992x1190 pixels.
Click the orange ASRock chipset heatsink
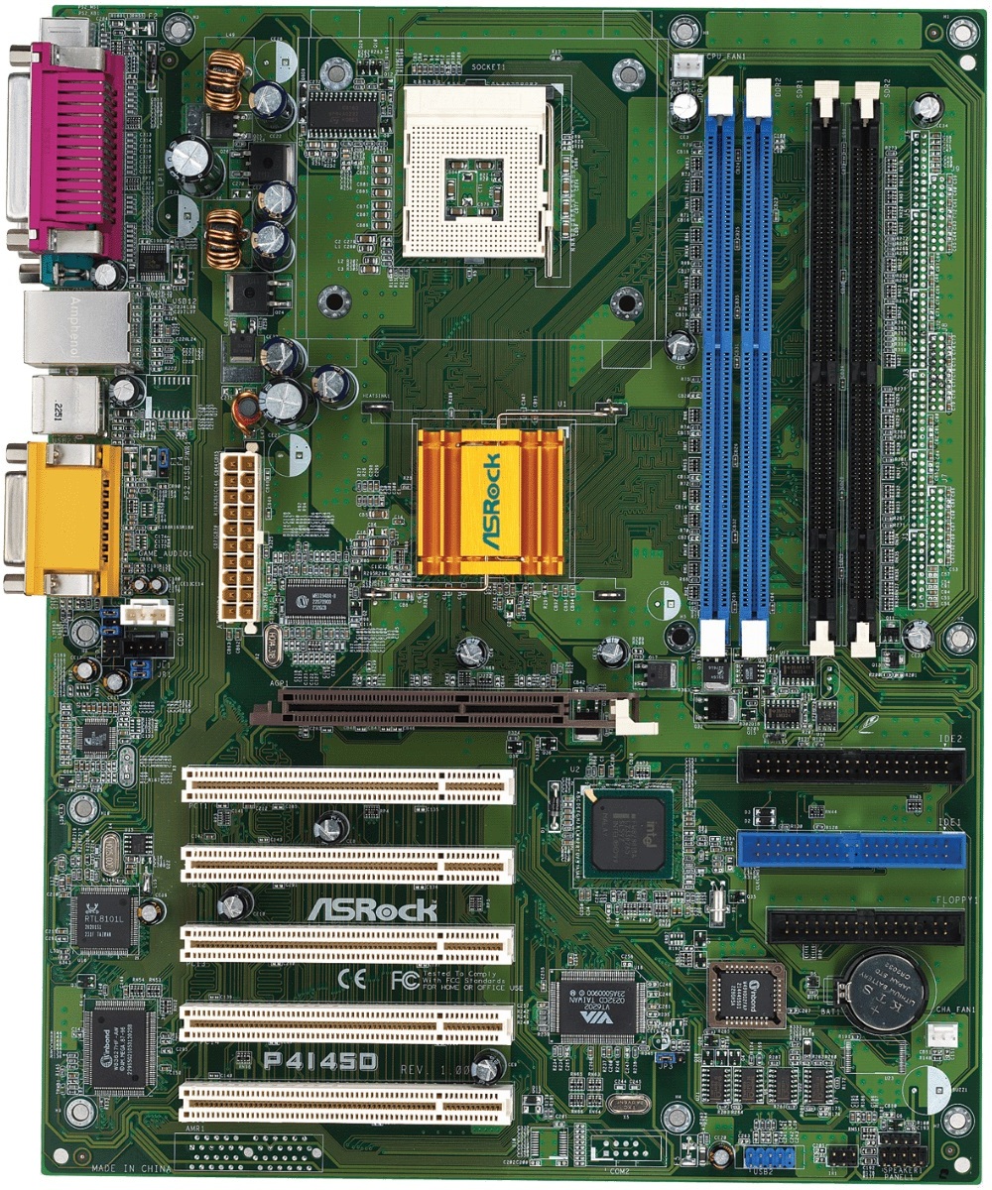point(490,501)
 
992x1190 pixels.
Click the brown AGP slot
point(427,708)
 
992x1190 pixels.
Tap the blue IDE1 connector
point(851,849)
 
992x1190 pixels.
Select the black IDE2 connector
point(851,765)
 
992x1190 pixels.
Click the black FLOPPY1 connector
point(864,927)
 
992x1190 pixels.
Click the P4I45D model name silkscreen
point(319,1061)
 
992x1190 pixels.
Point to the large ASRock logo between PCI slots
point(372,909)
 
